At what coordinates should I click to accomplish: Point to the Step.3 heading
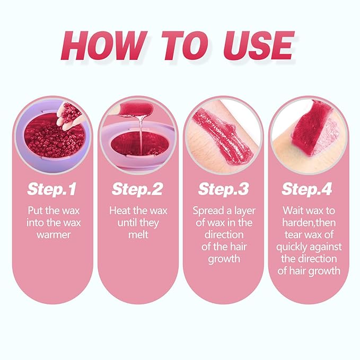click(x=223, y=188)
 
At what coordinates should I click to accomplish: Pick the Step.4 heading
click(x=308, y=188)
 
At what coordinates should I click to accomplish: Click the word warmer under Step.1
click(x=53, y=234)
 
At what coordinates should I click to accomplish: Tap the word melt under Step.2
click(x=138, y=234)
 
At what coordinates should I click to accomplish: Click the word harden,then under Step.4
click(x=307, y=222)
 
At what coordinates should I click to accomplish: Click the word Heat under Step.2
click(x=120, y=210)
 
